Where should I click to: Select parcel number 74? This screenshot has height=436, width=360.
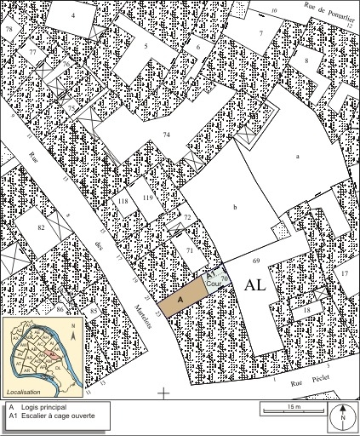coord(167,135)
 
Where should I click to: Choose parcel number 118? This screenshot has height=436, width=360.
coord(123,202)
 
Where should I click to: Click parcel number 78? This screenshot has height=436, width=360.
coord(9,30)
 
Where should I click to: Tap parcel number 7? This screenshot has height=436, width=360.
coord(261,34)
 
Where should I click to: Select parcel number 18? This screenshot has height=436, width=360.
coord(306,313)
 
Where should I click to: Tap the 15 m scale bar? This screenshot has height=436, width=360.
coord(294,410)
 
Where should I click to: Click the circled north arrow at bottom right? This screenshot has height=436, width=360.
coord(342,418)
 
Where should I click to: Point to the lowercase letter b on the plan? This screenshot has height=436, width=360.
coord(233,208)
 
